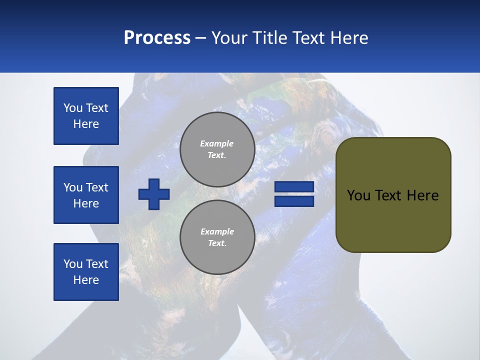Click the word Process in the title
pyautogui.click(x=157, y=38)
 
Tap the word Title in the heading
pyautogui.click(x=271, y=38)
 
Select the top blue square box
pyautogui.click(x=86, y=116)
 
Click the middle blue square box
pyautogui.click(x=86, y=195)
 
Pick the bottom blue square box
pyautogui.click(x=86, y=272)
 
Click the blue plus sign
pyautogui.click(x=154, y=194)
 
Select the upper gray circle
pyautogui.click(x=217, y=149)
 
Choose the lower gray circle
pyautogui.click(x=217, y=237)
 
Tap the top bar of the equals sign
pyautogui.click(x=294, y=187)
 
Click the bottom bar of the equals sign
pyautogui.click(x=294, y=201)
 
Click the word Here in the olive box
pyautogui.click(x=422, y=195)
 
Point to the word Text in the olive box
pyautogui.click(x=388, y=195)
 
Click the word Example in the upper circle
pyautogui.click(x=216, y=143)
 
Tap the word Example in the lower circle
pyautogui.click(x=217, y=231)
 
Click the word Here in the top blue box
pyautogui.click(x=86, y=124)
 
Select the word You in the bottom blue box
pyautogui.click(x=73, y=264)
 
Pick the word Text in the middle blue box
pyautogui.click(x=96, y=187)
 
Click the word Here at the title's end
pyautogui.click(x=349, y=38)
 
